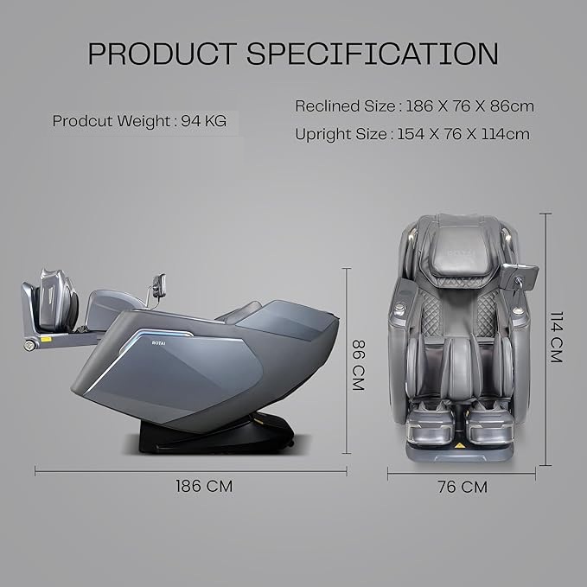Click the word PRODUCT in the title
pos(163,54)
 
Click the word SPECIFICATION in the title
pos(373,54)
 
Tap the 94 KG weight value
pos(204,121)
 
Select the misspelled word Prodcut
pos(82,121)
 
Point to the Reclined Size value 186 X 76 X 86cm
pos(469,106)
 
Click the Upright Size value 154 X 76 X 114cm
pos(463,134)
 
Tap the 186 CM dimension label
pos(204,487)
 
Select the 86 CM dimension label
pos(358,365)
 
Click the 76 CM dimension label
pos(463,487)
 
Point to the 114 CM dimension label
pos(556,337)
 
